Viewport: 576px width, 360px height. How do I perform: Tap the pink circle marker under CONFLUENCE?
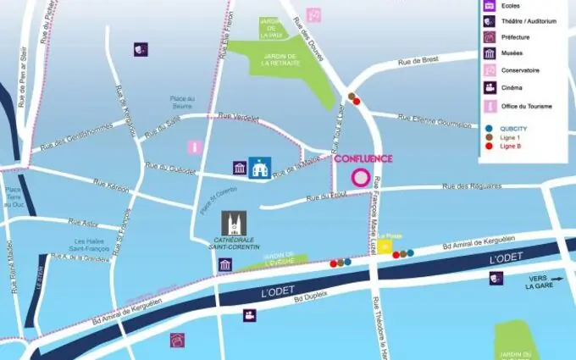point(360,179)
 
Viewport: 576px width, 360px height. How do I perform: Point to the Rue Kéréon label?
point(111,185)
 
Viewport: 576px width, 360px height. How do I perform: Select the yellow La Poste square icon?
point(385,246)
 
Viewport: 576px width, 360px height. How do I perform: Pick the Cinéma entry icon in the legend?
point(490,87)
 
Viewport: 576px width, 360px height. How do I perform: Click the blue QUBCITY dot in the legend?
point(489,127)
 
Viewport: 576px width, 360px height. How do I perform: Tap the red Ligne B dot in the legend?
point(489,146)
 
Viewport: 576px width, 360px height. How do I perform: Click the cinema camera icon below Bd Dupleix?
point(250,315)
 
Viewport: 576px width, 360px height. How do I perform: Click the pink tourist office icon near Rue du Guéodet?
point(195,147)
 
